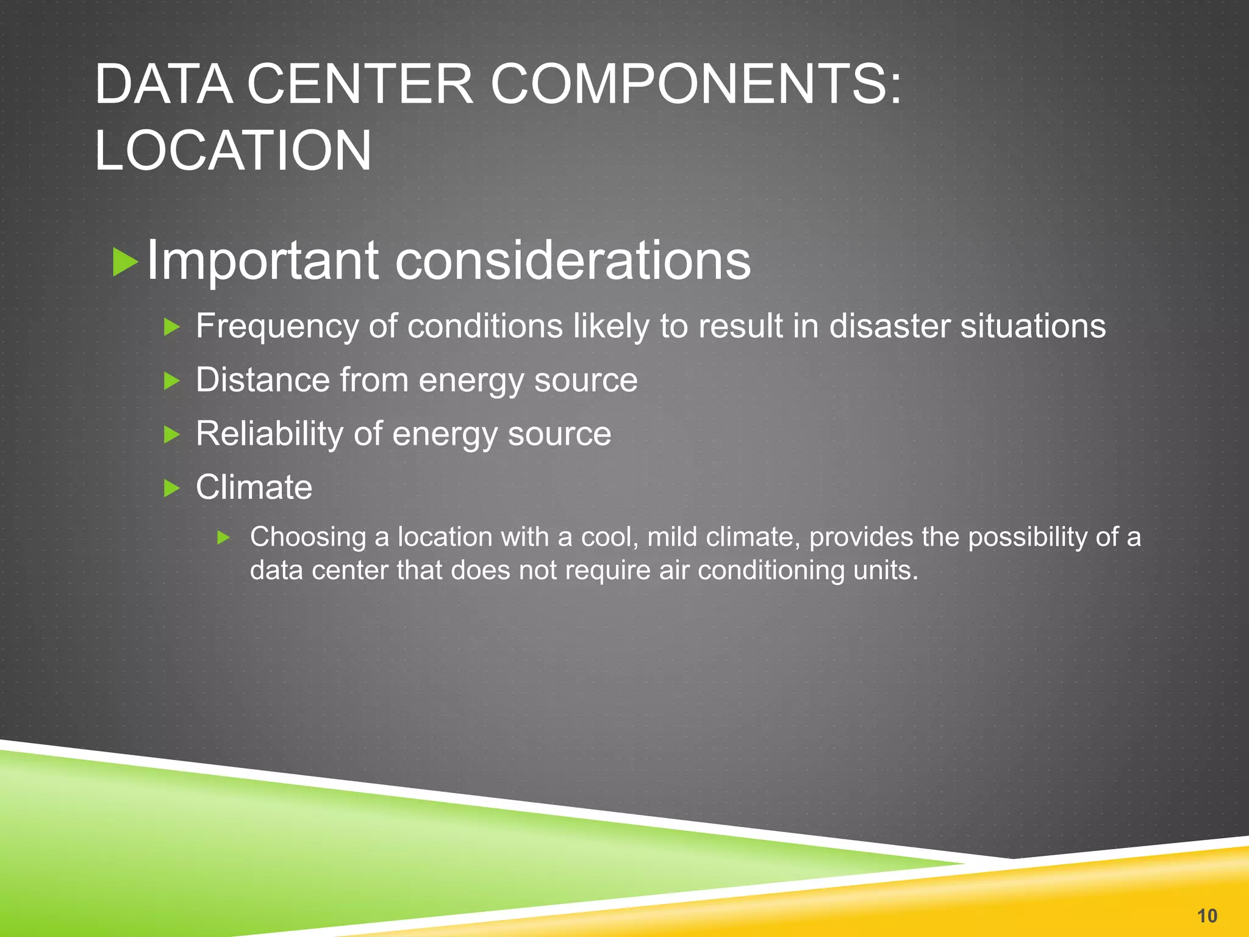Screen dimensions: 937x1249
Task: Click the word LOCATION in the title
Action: (233, 151)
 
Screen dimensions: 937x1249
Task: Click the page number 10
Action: (1207, 916)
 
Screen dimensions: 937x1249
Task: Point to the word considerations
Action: (573, 260)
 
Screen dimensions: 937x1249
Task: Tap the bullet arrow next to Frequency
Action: (172, 328)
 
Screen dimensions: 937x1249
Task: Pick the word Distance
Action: (263, 380)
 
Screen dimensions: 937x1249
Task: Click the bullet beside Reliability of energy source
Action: (172, 435)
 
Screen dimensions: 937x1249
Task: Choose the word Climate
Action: (254, 487)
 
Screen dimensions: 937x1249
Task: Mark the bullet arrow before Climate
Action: (172, 488)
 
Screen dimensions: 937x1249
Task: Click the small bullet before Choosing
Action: (224, 537)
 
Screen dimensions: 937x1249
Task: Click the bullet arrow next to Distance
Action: (172, 381)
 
